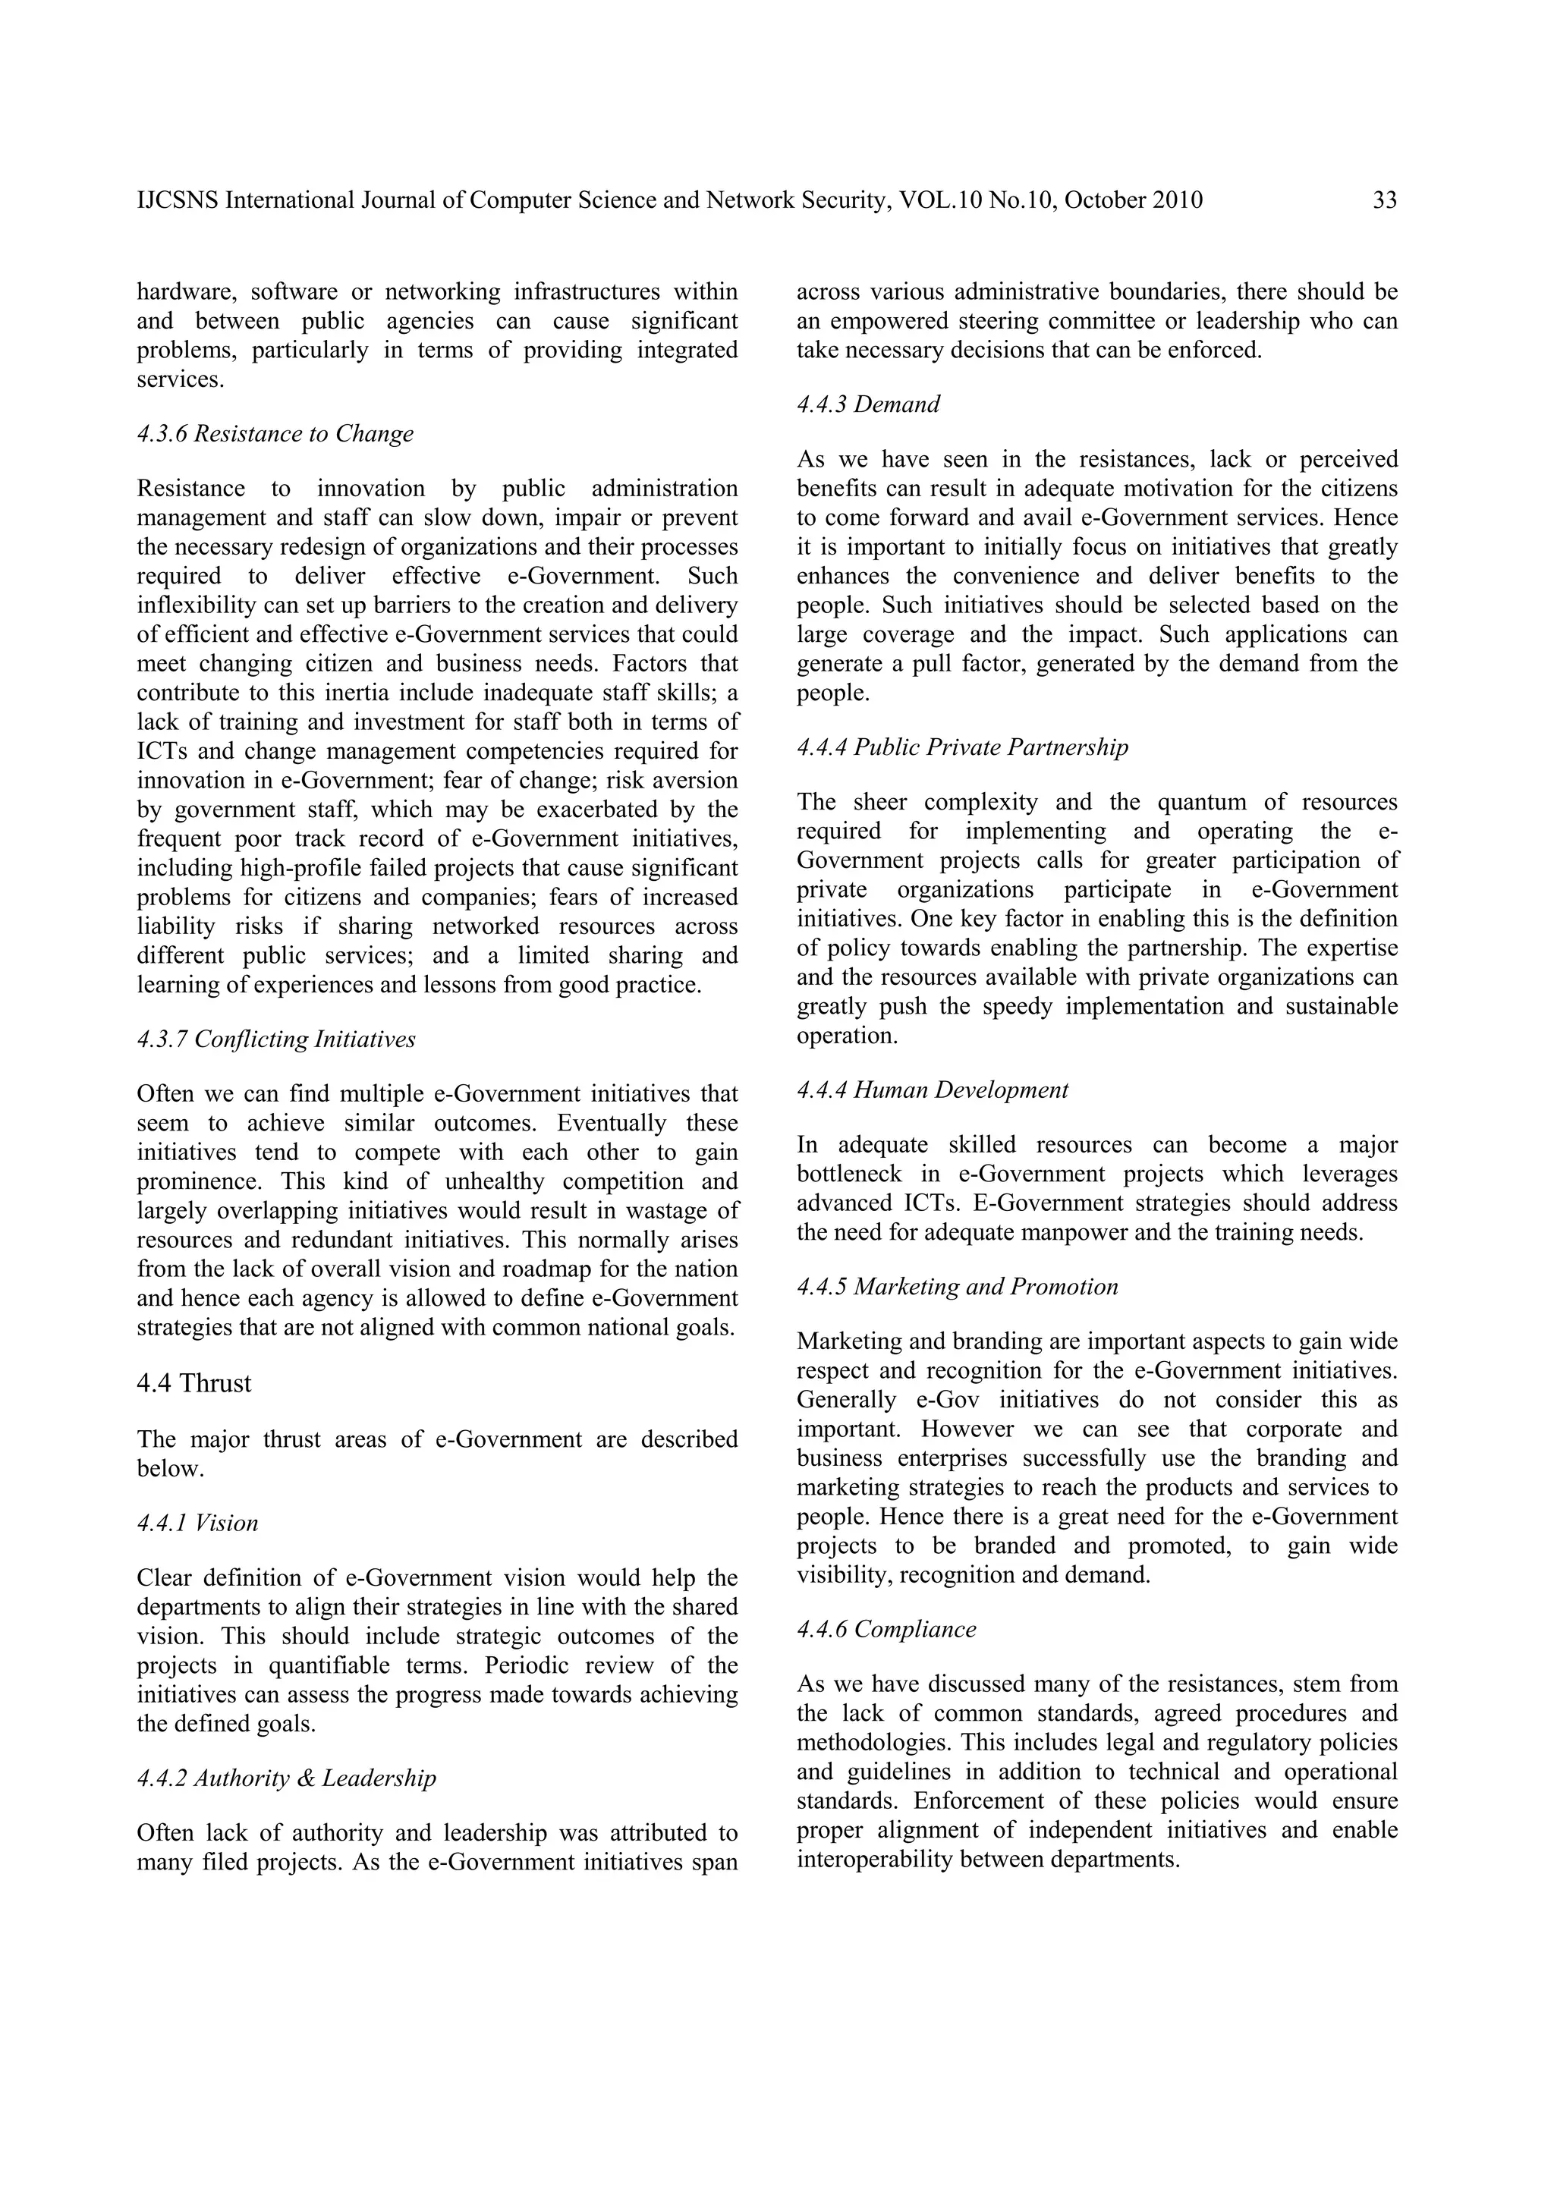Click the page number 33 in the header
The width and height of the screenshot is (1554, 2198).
[x=1385, y=200]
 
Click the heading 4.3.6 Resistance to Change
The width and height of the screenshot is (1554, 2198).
[x=275, y=434]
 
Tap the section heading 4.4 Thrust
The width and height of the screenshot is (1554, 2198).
[x=193, y=1383]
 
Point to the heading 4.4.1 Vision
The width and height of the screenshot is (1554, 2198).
[x=197, y=1523]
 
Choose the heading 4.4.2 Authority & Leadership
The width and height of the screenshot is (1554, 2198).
[x=286, y=1778]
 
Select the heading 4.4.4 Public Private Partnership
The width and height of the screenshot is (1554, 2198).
[x=962, y=747]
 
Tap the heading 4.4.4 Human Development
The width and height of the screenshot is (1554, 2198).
[x=933, y=1090]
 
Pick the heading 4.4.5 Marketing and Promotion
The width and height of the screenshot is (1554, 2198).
[x=958, y=1286]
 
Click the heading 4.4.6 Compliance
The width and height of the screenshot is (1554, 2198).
[x=886, y=1630]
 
